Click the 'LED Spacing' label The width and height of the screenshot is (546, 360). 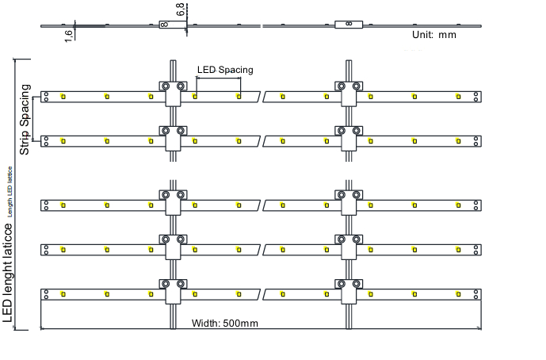tap(225, 70)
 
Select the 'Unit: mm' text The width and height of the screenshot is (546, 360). tap(433, 35)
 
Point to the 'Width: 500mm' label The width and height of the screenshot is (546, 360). tap(225, 323)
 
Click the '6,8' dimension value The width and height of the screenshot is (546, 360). tap(181, 10)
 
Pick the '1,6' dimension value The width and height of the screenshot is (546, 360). tap(69, 34)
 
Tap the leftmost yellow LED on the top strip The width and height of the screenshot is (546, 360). tap(63, 97)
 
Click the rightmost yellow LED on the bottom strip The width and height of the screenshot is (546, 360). tap(458, 294)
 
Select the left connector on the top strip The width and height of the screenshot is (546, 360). tap(173, 91)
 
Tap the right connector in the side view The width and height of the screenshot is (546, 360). tap(349, 25)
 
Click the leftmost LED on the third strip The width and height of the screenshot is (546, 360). tap(63, 205)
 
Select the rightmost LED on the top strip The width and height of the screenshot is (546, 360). tap(458, 97)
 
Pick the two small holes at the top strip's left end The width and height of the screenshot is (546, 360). tap(47, 97)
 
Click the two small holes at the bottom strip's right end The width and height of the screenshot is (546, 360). tap(475, 294)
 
